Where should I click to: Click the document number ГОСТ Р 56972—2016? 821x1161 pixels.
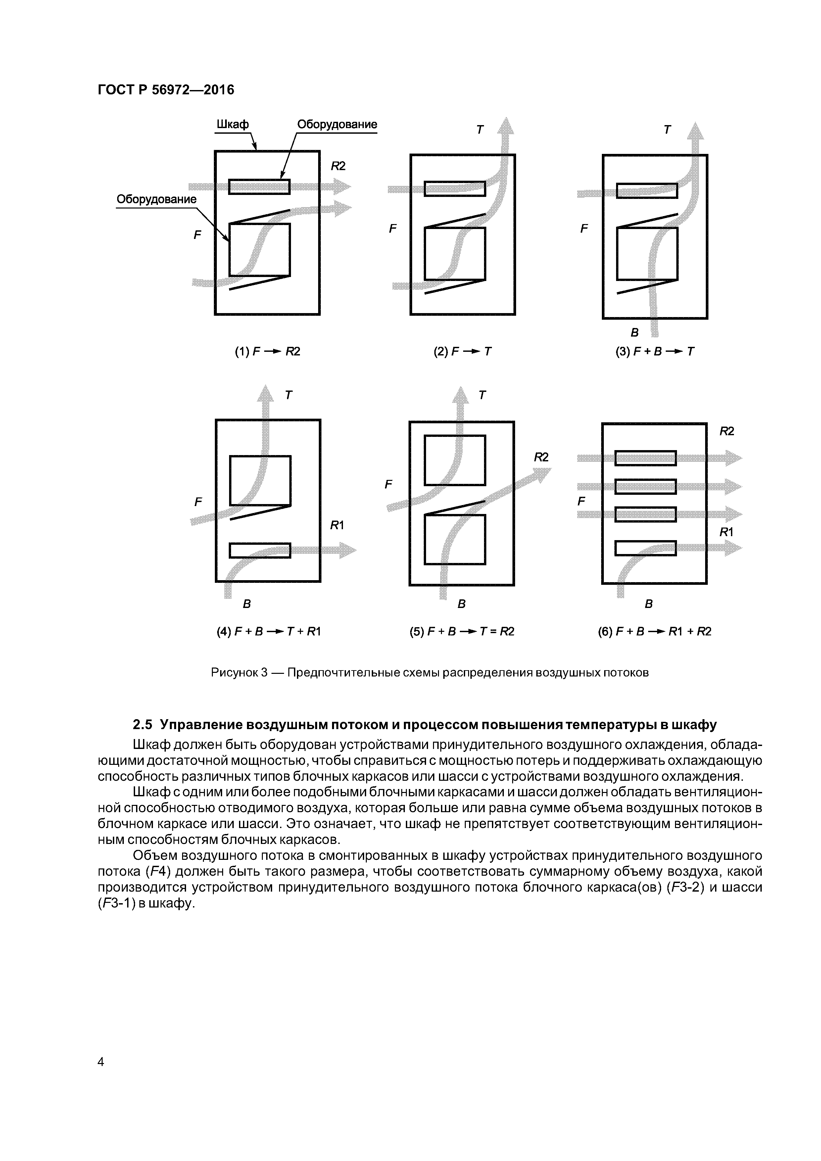coord(166,90)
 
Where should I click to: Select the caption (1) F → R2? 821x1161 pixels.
coord(267,351)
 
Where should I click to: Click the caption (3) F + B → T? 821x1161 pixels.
coord(654,351)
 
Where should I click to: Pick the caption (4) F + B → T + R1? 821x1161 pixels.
coord(268,631)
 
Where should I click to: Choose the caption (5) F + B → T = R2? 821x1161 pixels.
coord(462,631)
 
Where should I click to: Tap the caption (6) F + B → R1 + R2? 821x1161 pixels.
coord(654,631)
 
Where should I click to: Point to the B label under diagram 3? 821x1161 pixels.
coord(634,332)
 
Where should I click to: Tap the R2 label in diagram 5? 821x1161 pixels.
coord(541,457)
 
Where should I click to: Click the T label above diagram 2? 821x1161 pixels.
coord(480,130)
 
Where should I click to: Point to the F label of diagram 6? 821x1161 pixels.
coord(581,501)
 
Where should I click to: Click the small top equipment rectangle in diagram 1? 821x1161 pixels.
coord(259,187)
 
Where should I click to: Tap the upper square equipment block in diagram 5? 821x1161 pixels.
coord(454,460)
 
